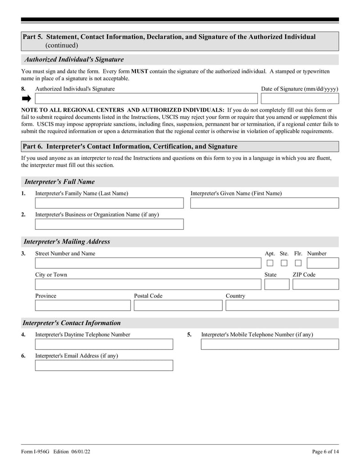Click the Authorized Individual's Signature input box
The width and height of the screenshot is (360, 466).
(146, 99)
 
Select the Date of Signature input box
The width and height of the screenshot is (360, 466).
(300, 99)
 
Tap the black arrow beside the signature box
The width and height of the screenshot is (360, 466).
(27, 99)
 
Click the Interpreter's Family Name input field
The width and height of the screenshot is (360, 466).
(109, 203)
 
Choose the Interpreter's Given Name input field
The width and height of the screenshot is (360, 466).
(264, 203)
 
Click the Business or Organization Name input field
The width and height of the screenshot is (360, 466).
(109, 224)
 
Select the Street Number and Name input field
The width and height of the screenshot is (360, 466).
(148, 263)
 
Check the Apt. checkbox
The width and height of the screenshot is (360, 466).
(270, 263)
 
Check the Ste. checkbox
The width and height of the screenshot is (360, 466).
(284, 263)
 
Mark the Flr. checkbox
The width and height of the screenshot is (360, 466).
(298, 263)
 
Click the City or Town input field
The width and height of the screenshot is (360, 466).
(148, 284)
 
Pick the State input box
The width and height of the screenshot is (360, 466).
(277, 284)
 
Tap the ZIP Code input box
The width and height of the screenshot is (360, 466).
(315, 284)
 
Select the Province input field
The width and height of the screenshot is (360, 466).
(83, 305)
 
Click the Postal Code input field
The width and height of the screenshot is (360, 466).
(178, 305)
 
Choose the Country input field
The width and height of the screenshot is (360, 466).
(282, 305)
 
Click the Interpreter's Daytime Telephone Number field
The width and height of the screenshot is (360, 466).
(104, 344)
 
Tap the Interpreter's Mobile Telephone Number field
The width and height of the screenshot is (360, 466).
(270, 344)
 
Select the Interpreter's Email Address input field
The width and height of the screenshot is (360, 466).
(104, 365)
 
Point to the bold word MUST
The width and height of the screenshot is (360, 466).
(139, 72)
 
